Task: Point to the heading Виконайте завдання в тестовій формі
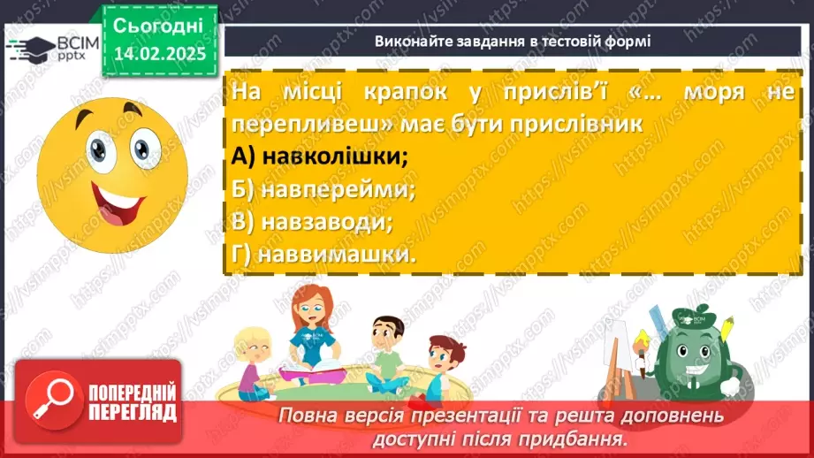(512, 41)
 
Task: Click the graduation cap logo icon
(30, 47)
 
